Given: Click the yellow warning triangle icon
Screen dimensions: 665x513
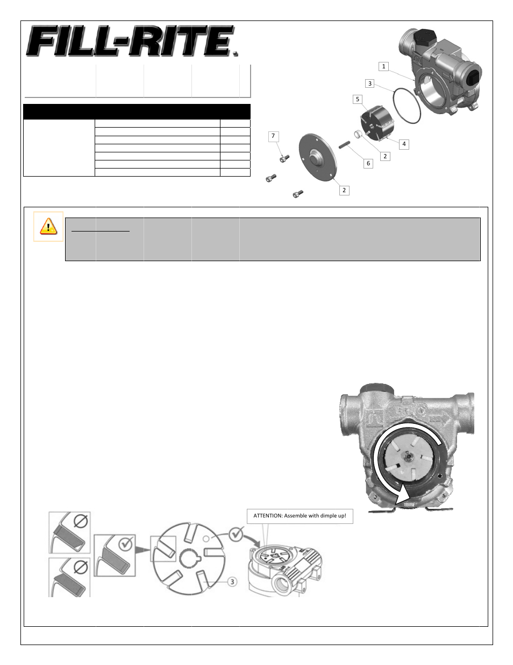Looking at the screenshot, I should [x=48, y=226].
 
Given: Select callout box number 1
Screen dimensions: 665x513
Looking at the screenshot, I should [x=383, y=66].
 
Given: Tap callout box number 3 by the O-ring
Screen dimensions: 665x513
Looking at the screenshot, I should [x=369, y=83].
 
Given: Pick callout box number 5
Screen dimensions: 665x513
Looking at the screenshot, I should [x=357, y=99].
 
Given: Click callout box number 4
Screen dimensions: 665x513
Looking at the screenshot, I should [x=404, y=144].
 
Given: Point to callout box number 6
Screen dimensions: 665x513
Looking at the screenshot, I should [x=368, y=163].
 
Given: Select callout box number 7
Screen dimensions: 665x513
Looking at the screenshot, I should [x=273, y=136].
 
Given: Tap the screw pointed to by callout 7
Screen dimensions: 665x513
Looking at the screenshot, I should [x=284, y=158].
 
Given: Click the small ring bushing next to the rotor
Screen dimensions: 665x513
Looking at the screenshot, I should [x=359, y=134].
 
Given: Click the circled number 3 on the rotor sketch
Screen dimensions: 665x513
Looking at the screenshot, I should [x=232, y=582].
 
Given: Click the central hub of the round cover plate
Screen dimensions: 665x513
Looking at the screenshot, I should [x=317, y=160].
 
